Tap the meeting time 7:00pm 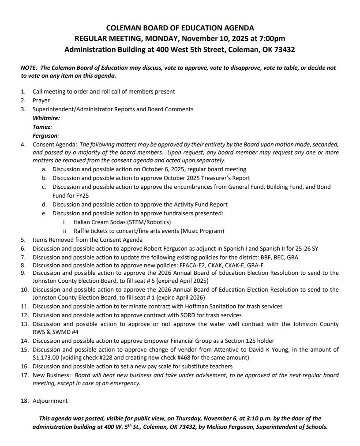click(x=270, y=39)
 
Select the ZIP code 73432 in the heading click(x=284, y=50)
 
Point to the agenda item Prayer click(x=41, y=100)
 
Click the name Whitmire click(x=46, y=118)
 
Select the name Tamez click(x=42, y=127)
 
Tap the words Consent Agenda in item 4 click(x=55, y=145)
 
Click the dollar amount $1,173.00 click(x=47, y=357)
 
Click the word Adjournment click(x=50, y=401)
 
